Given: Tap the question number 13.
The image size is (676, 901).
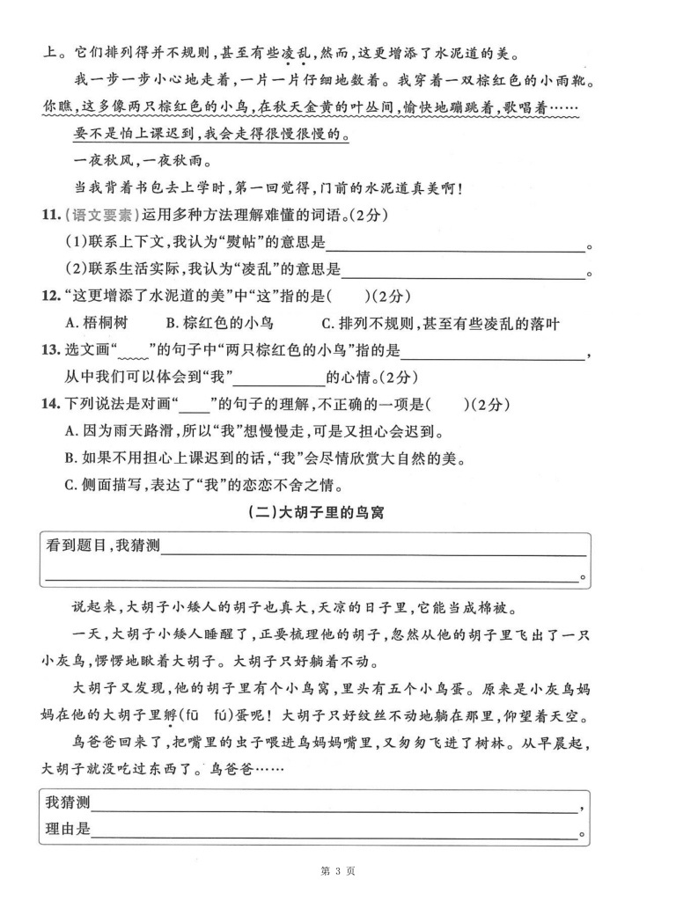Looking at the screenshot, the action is coord(50,350).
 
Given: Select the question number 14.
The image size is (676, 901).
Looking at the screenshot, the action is coord(50,404).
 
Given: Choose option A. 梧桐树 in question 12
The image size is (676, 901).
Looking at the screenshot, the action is coord(99,323).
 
